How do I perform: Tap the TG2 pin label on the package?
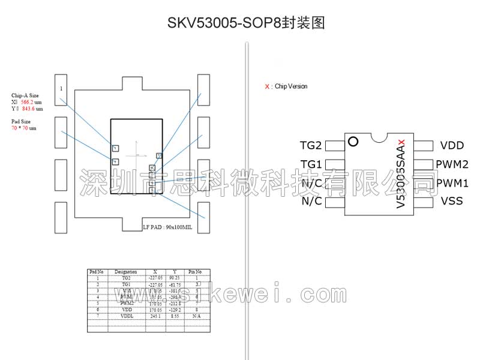click(x=311, y=145)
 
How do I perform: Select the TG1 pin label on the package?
click(x=311, y=164)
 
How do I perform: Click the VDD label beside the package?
click(x=452, y=145)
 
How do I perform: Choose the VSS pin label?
click(x=452, y=201)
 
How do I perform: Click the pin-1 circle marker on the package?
click(x=353, y=142)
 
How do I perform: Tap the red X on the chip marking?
click(x=401, y=142)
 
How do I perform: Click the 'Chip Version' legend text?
click(x=290, y=86)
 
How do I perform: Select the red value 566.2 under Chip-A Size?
click(x=28, y=103)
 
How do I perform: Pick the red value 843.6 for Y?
click(x=28, y=109)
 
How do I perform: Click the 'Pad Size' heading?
click(x=21, y=121)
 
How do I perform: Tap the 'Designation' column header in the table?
click(x=126, y=272)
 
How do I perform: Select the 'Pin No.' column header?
click(x=195, y=272)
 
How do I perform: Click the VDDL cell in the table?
click(x=126, y=315)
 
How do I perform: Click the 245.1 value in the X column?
click(x=156, y=315)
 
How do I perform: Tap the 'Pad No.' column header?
click(x=97, y=272)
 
